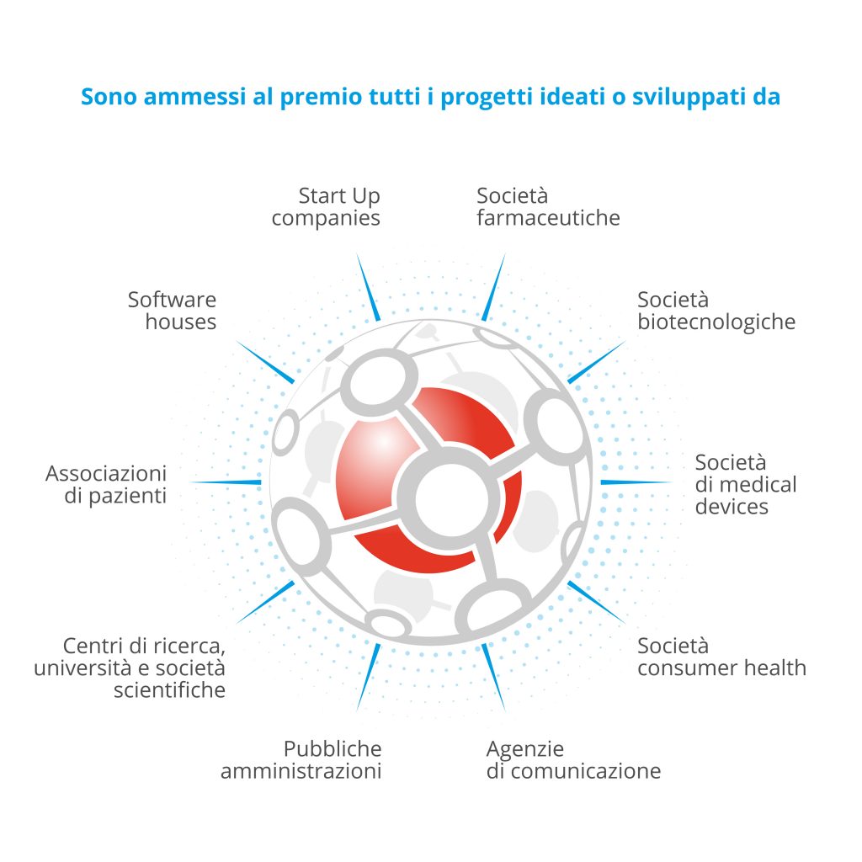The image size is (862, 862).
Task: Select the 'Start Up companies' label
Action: coord(326,207)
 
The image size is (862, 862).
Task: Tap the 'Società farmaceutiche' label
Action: coord(548,207)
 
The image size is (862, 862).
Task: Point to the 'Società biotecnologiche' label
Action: coord(716,311)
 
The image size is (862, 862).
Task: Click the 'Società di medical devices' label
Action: coord(746,484)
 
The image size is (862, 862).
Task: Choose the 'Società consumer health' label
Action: coord(721,657)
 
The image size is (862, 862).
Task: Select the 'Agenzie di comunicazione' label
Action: coord(573,760)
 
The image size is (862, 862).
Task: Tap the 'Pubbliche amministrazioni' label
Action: coord(301,760)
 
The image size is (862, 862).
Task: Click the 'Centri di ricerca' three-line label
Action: coord(130,668)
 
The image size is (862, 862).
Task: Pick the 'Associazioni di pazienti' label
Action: coord(106,484)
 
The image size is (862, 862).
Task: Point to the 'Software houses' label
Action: coord(172,311)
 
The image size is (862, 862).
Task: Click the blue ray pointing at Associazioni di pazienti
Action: coord(226,482)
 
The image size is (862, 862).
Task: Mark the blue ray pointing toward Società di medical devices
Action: coord(636,482)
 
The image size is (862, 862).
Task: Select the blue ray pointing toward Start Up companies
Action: coord(369,287)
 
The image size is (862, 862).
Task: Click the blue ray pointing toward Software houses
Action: coord(265,362)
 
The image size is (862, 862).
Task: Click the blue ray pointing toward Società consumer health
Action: coord(597,603)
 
